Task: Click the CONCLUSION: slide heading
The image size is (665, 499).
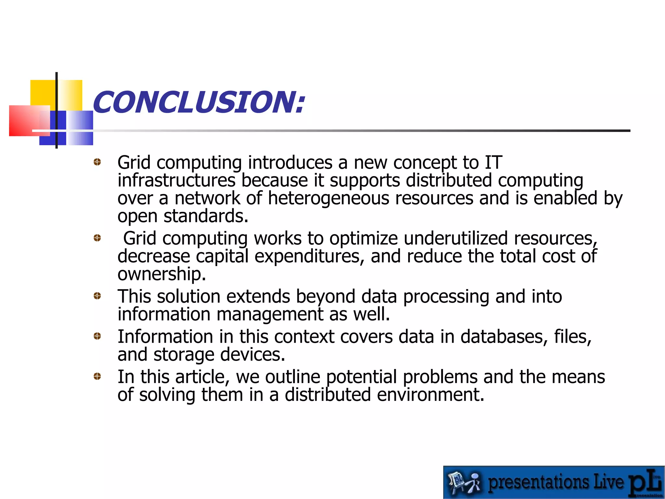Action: pos(199,102)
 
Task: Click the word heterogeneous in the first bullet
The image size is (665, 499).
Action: pos(328,198)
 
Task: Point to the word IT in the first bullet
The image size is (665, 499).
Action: pos(493,162)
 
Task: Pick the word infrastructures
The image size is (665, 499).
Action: pos(176,180)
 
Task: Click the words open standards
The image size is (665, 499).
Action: pos(183,216)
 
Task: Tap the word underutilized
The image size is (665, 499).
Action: pos(456,238)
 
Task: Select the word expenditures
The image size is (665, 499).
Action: pos(307,256)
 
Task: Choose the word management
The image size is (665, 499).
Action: pos(270,314)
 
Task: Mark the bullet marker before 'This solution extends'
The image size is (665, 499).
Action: pos(97,296)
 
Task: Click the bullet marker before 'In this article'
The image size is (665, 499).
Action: pos(97,377)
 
